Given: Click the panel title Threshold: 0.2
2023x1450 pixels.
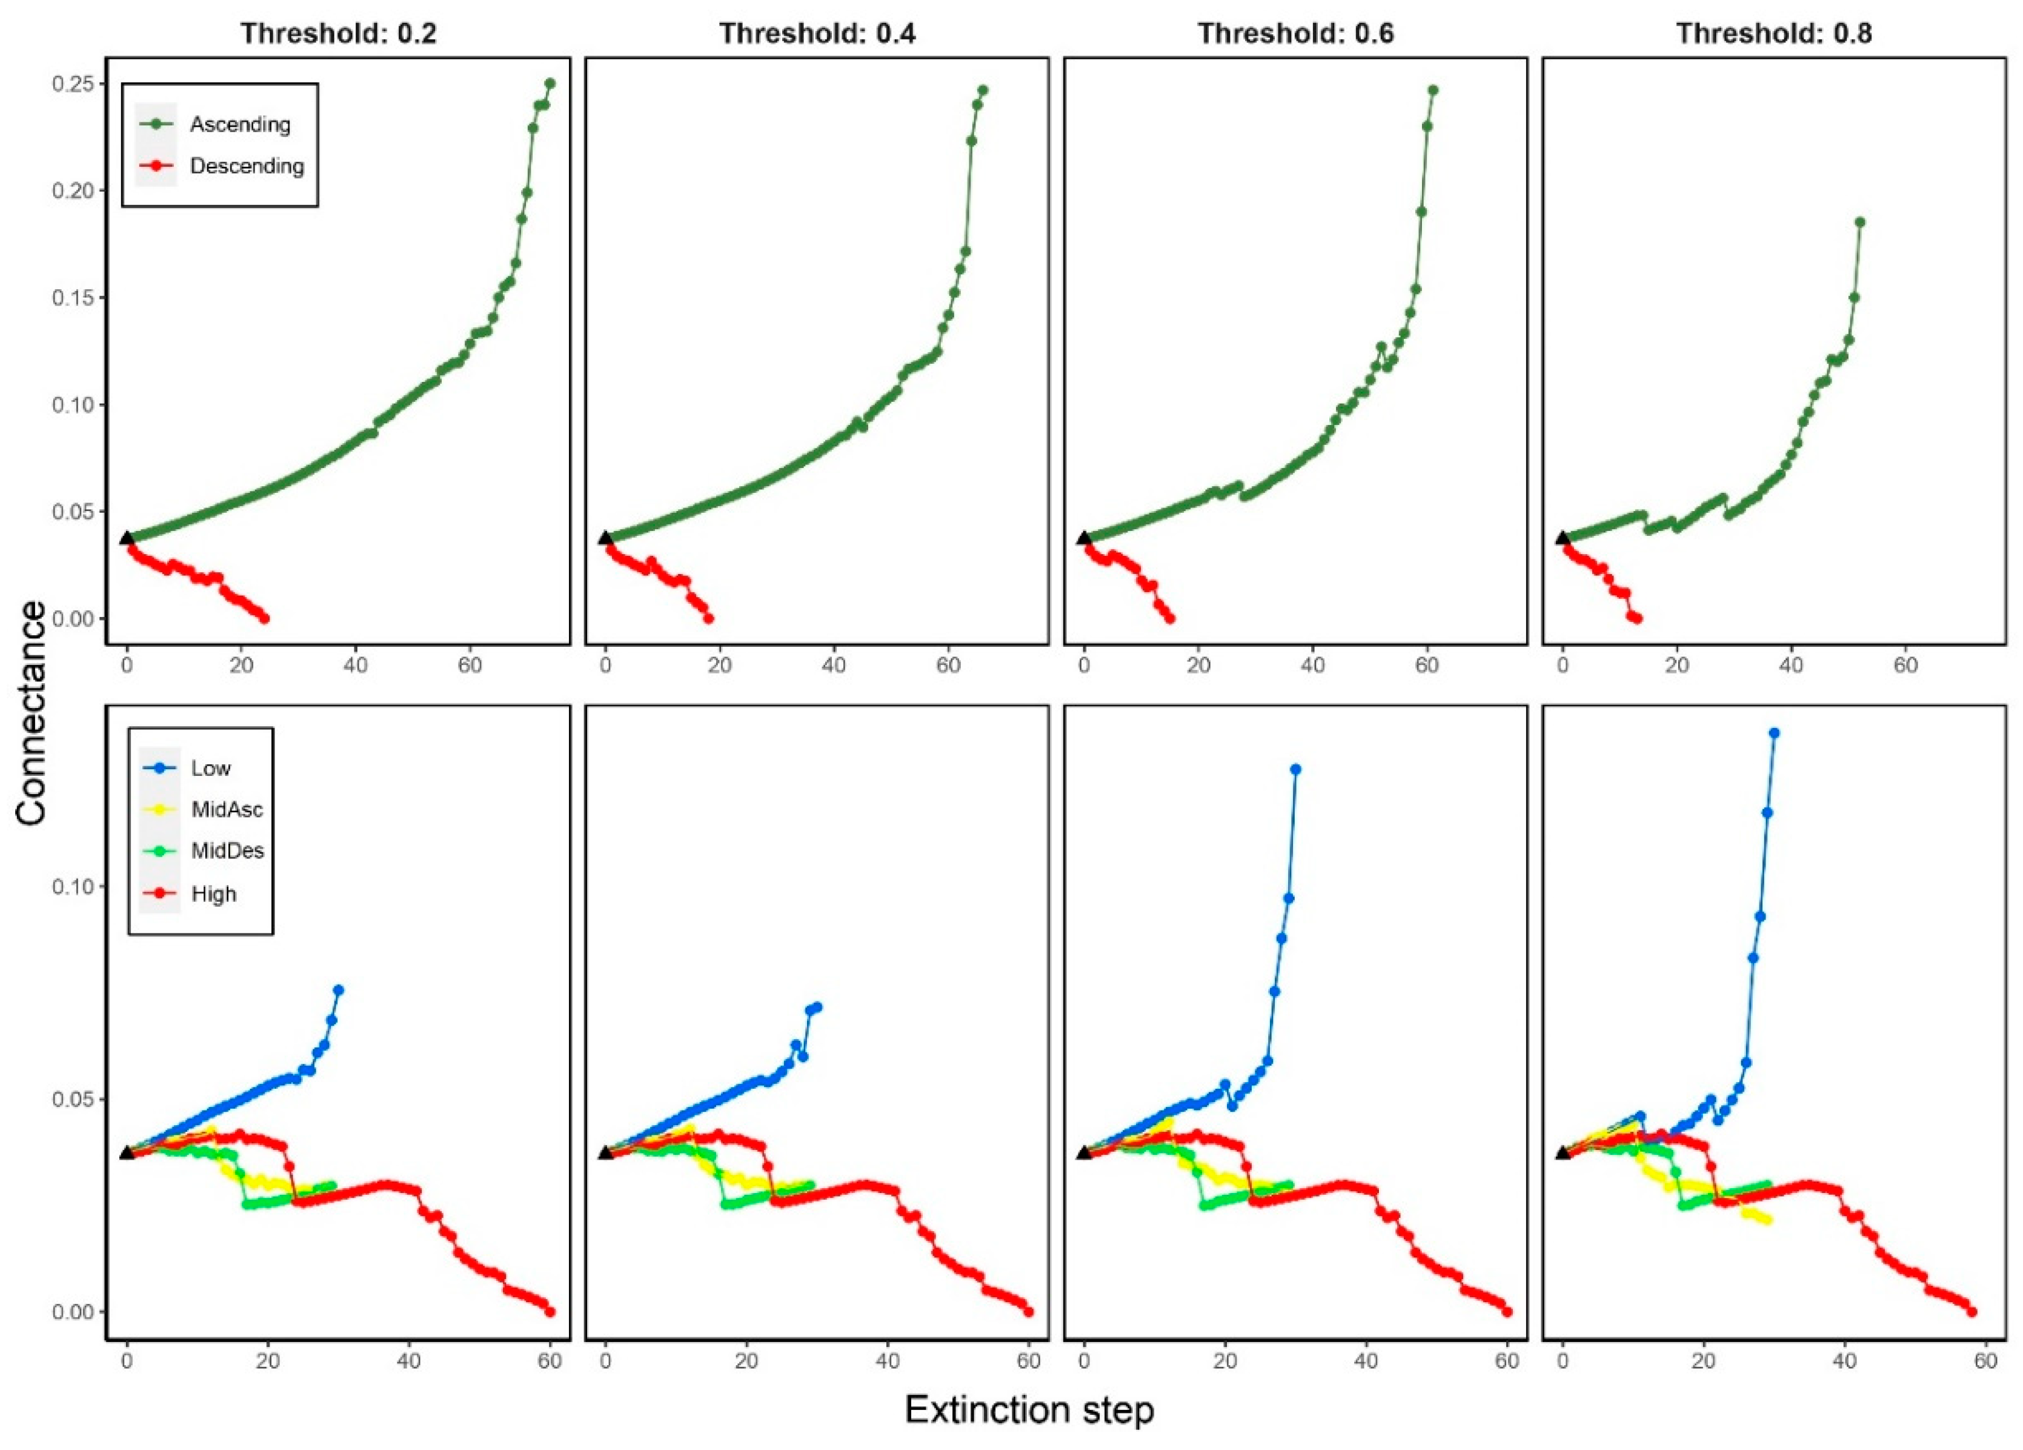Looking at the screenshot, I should pos(338,34).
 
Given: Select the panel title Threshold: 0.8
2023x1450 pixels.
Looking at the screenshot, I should pos(1773,34).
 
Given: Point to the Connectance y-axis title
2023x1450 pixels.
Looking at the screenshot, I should pos(32,712).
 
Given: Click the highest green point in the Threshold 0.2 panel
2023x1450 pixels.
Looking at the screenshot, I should pos(550,84).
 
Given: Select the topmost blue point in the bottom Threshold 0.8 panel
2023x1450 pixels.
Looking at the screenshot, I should pos(1774,733).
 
